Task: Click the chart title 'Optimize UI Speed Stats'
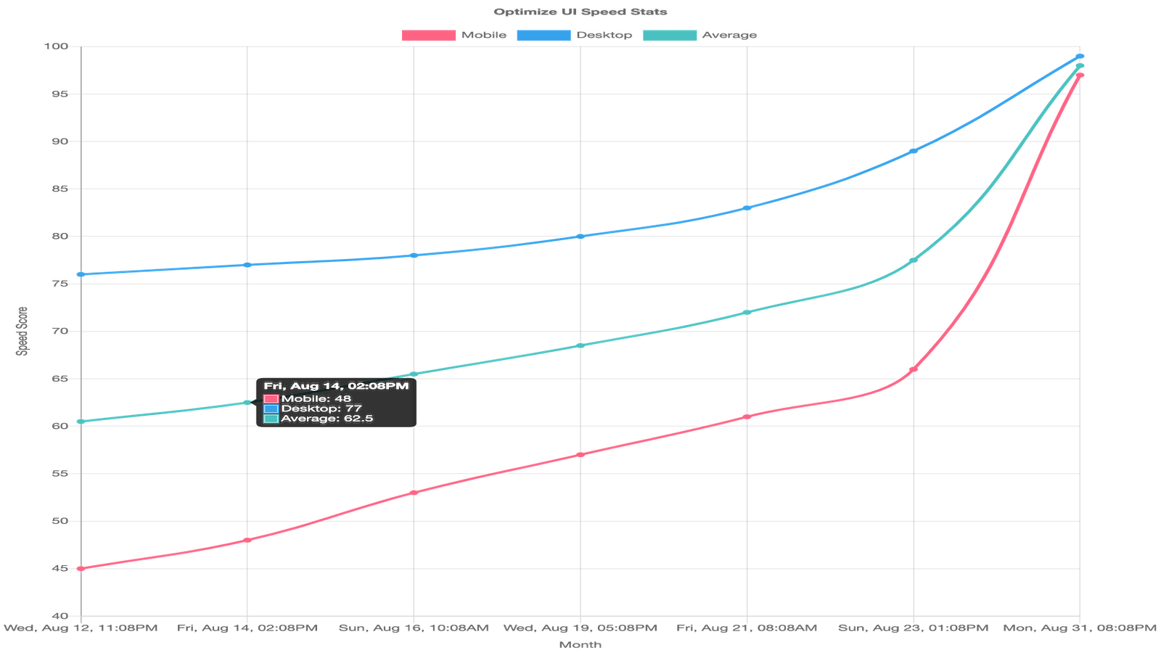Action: tap(580, 12)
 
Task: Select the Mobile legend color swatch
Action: tap(429, 35)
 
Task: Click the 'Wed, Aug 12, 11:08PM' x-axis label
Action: tap(81, 628)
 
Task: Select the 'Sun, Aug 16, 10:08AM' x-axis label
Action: tap(414, 628)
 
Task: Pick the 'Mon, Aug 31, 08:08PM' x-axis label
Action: tap(1080, 628)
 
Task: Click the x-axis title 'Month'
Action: tap(580, 644)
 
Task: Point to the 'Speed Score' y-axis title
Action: tap(22, 331)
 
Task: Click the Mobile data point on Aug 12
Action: tap(81, 569)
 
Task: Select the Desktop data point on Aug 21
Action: tap(747, 208)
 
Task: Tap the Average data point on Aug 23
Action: tap(914, 260)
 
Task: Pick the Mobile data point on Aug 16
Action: tap(414, 493)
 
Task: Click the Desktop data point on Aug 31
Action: tap(1080, 56)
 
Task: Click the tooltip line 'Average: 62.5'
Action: tap(327, 419)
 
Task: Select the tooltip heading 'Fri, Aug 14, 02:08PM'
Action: tap(336, 386)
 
